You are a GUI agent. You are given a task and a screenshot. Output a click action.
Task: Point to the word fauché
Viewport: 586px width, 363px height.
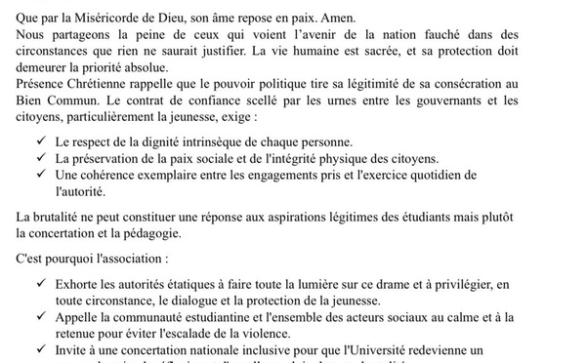tap(460, 32)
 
